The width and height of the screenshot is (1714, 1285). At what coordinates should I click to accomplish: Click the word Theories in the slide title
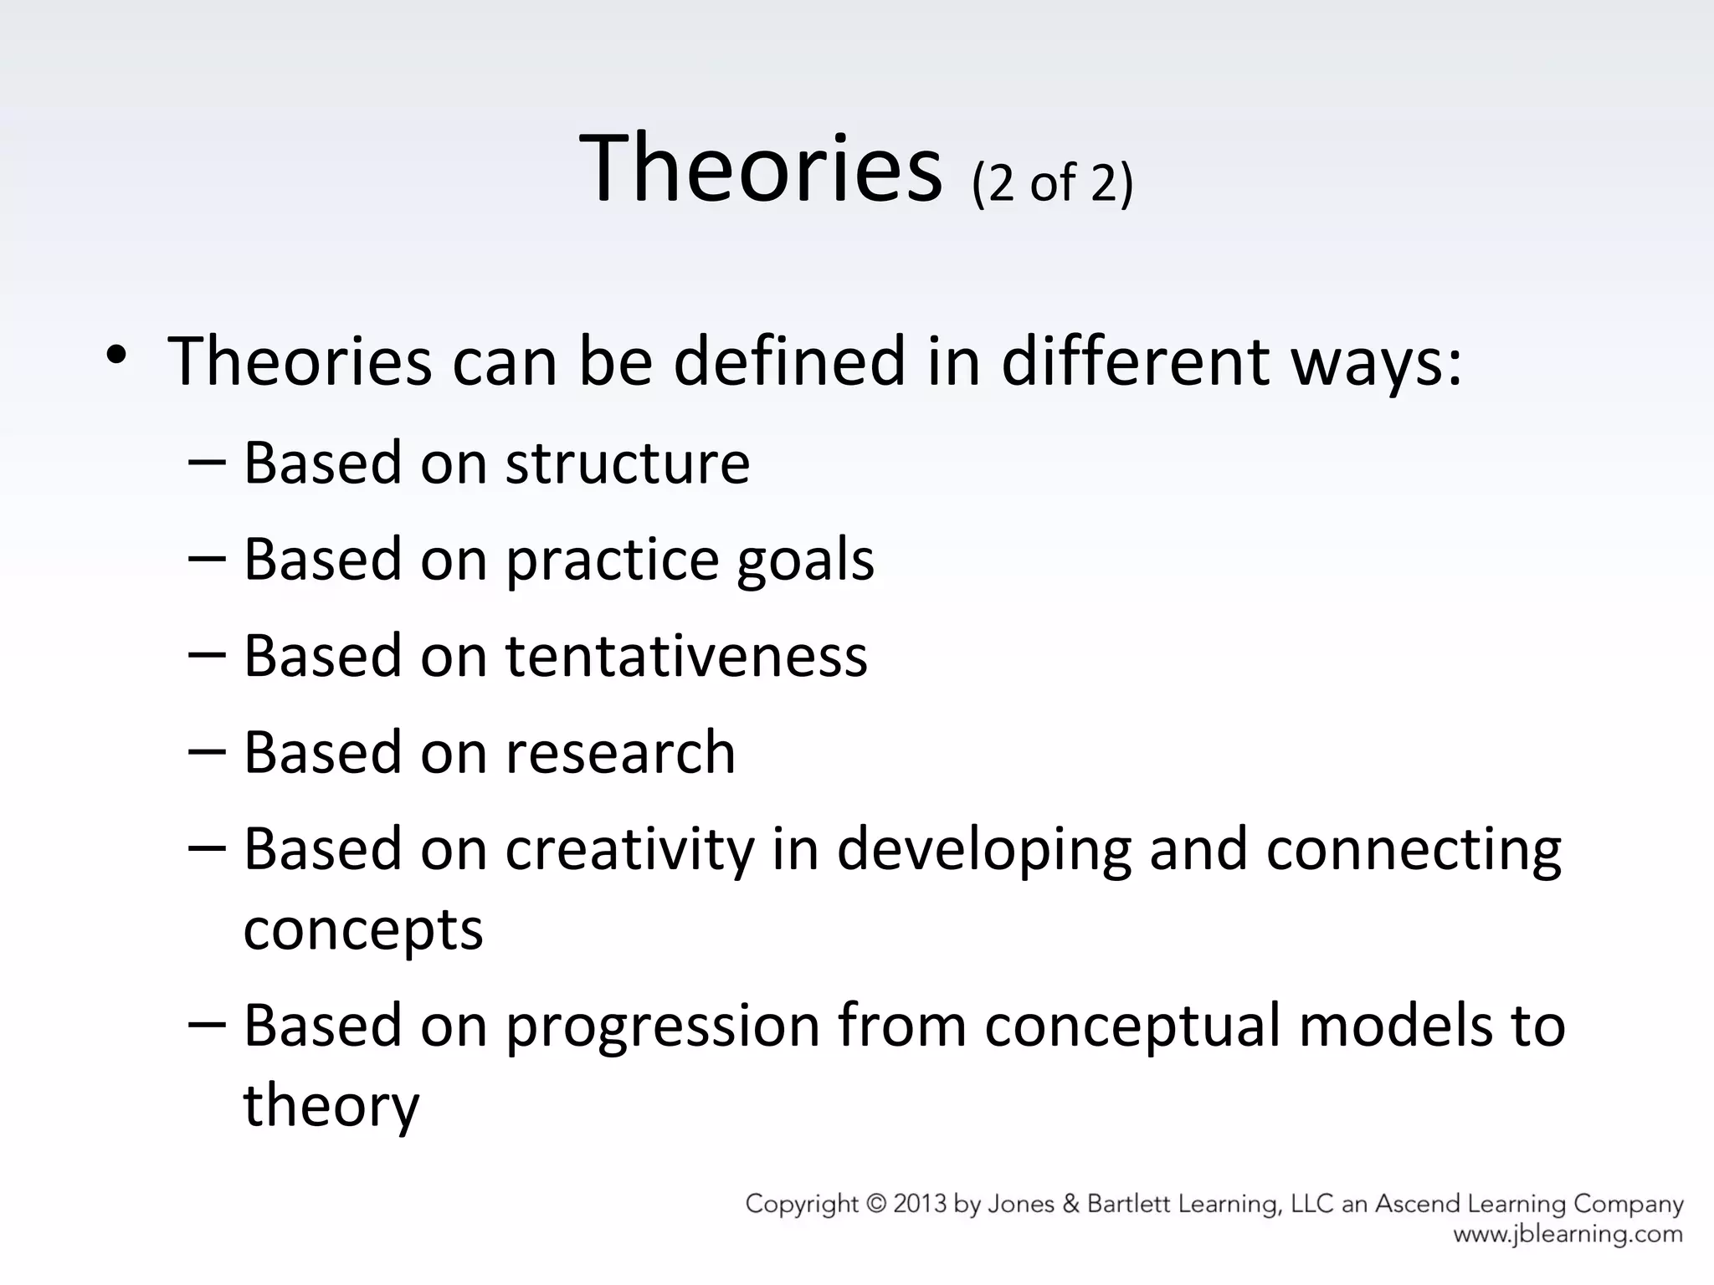[760, 170]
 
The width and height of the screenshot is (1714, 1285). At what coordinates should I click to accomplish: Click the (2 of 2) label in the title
[1052, 182]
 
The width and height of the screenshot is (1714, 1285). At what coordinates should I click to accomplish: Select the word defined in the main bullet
[789, 361]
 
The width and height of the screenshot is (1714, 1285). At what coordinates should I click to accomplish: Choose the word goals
[805, 561]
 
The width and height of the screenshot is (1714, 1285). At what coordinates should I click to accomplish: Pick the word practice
[613, 561]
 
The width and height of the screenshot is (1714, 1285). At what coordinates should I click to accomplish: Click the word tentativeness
[686, 656]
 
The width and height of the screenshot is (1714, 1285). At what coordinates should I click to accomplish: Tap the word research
[620, 752]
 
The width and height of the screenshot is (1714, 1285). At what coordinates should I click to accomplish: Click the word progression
[663, 1026]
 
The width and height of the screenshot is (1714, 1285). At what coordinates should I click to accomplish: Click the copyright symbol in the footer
[876, 1205]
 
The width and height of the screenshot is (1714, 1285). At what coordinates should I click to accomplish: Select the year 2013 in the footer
[921, 1205]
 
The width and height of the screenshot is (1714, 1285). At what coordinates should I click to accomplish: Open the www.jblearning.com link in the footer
[1568, 1234]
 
